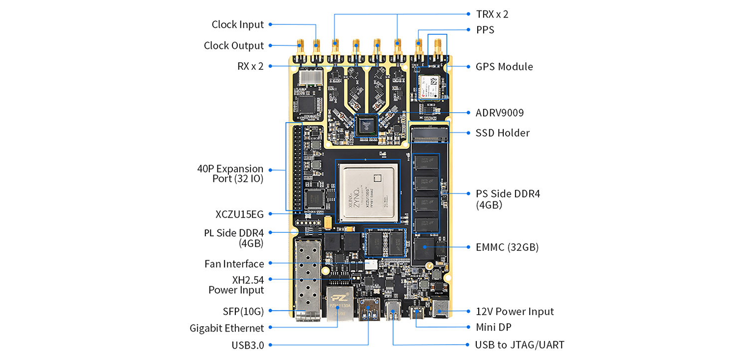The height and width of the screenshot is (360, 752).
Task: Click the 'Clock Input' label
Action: point(237,24)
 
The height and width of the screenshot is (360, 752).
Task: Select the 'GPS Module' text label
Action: point(504,67)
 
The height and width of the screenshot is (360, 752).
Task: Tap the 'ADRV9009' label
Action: point(500,113)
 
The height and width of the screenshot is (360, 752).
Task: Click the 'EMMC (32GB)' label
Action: point(507,247)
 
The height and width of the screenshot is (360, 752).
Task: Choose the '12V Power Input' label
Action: point(515,312)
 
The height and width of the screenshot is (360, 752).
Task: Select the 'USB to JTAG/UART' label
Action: point(520,345)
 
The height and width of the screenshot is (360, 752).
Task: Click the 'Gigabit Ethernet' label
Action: point(226,328)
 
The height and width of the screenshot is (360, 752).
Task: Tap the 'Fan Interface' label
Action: point(234,264)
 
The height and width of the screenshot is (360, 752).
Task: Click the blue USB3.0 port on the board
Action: point(369,310)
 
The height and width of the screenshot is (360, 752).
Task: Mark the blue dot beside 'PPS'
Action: point(469,30)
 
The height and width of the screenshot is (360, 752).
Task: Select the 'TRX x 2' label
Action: point(492,14)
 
